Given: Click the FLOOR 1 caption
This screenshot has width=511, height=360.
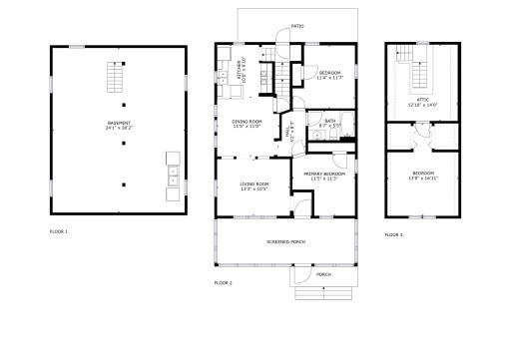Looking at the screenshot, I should click(59, 231).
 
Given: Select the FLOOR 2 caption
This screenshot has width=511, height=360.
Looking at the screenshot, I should click(223, 283).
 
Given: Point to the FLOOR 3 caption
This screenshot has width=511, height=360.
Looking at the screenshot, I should click(393, 235).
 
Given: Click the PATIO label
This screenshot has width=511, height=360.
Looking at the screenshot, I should click(297, 26).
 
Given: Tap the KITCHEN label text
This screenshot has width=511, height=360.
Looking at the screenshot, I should click(240, 72).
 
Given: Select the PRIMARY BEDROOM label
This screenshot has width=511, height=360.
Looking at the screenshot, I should click(324, 175).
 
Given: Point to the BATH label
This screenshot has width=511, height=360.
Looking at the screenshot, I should click(329, 122).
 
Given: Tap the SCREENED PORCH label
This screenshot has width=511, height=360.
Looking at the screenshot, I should click(285, 243).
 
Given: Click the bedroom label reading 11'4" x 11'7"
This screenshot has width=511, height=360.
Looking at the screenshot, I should click(330, 75).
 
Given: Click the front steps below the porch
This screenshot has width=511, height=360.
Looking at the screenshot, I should click(323, 291).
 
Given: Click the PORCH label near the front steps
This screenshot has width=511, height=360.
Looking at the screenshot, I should click(323, 274).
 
